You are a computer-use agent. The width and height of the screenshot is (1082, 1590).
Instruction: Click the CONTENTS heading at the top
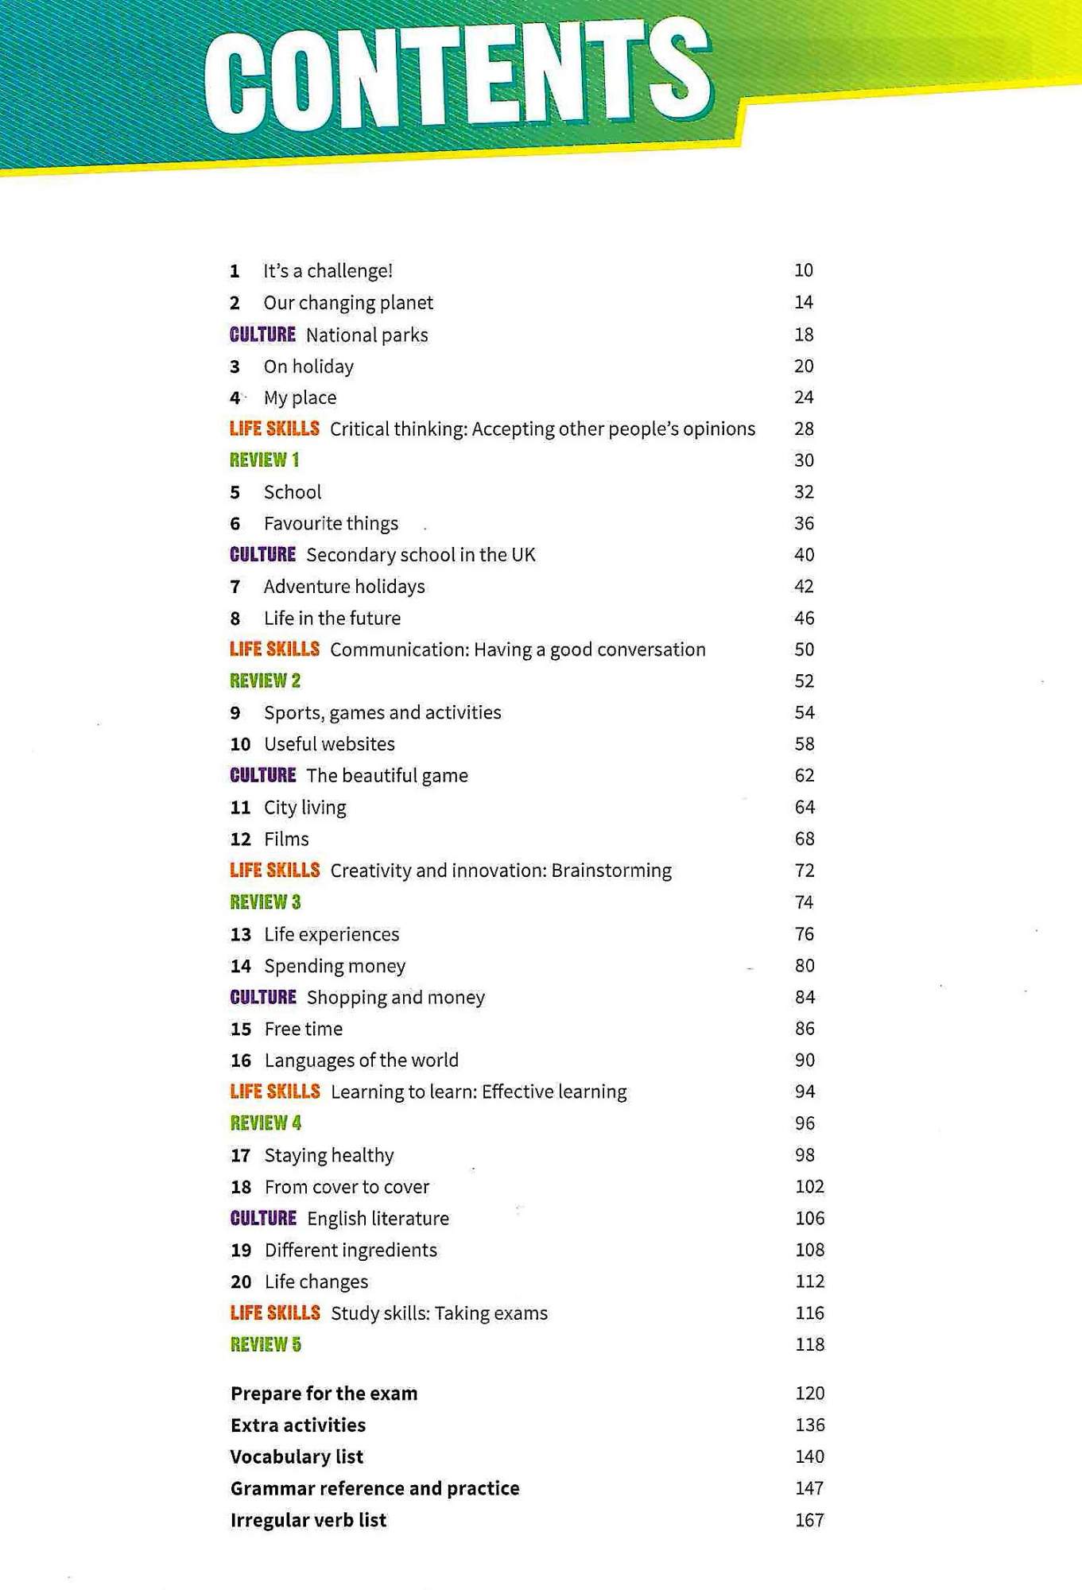pos(457,79)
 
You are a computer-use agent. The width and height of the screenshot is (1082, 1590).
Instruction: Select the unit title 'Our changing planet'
pos(348,303)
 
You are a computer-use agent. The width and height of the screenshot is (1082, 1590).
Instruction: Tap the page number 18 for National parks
pos(804,335)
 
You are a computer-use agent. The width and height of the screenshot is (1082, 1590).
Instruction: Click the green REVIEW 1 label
pos(264,460)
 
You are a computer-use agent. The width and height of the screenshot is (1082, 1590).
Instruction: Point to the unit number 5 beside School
pos(235,492)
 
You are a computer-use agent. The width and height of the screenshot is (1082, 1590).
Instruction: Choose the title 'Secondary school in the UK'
pos(421,555)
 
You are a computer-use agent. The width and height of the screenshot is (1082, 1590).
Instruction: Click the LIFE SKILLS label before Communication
pos(274,650)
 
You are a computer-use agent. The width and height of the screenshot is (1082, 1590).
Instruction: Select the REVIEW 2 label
pos(265,681)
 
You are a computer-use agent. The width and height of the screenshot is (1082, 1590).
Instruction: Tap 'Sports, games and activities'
pos(382,712)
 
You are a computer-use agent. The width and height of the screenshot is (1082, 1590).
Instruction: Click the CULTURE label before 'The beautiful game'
pos(262,775)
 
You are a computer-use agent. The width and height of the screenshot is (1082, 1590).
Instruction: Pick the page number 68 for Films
pos(805,839)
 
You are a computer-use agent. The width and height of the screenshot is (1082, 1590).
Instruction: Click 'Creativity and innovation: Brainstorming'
pos(501,871)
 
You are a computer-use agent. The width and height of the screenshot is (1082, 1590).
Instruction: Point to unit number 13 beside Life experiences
pos(240,934)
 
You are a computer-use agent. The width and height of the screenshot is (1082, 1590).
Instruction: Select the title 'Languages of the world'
pos(361,1061)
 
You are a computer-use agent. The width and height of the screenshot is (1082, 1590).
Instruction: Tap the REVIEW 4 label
pos(266,1123)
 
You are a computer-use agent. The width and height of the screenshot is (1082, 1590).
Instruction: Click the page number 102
pos(809,1187)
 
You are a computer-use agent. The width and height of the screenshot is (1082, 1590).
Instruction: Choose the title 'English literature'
pos(378,1219)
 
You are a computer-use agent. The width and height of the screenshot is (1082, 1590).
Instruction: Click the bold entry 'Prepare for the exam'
pos(324,1394)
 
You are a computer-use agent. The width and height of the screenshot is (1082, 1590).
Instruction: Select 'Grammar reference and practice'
pos(374,1488)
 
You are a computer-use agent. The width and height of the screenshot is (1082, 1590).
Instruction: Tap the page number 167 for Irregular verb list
pos(809,1520)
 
